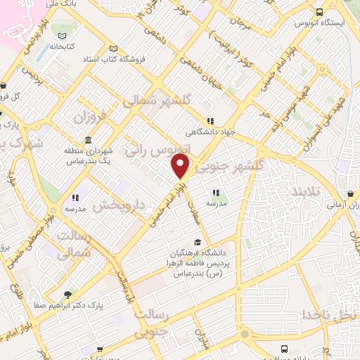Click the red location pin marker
coord(181,166)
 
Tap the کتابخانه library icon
coord(64,36)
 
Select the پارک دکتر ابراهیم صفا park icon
coord(67,295)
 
